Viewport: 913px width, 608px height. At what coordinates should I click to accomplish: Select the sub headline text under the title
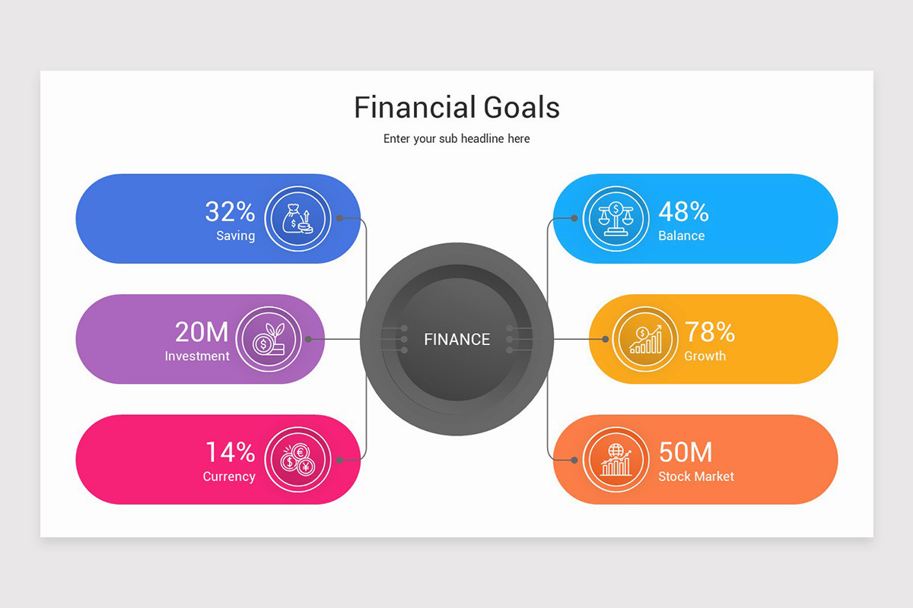coord(456,139)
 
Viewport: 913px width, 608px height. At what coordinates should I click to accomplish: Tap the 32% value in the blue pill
coord(230,211)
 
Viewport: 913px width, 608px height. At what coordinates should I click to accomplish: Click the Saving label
coord(235,236)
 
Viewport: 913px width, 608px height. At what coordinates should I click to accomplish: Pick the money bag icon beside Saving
coord(297,219)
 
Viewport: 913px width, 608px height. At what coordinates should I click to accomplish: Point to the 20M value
coord(202,331)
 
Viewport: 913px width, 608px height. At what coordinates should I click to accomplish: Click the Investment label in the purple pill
coord(197,356)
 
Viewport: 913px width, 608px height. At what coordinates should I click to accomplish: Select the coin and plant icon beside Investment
coord(268,339)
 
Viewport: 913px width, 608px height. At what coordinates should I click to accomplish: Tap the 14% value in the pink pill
coord(230,452)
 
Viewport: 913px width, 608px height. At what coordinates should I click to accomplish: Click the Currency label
coord(228,477)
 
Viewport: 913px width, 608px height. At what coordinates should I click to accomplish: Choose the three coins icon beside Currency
coord(297,459)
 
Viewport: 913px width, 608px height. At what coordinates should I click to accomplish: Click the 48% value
coord(683,211)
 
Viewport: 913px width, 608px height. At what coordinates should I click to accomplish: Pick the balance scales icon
coord(616,219)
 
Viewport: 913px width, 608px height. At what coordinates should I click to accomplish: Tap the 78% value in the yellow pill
coord(709,331)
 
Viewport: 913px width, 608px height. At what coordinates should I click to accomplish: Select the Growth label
coord(705,356)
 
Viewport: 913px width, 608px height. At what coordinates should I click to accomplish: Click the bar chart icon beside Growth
coord(645,339)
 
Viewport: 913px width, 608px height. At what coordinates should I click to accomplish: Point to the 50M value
coord(685,452)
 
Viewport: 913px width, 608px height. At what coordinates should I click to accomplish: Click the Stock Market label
coord(696,477)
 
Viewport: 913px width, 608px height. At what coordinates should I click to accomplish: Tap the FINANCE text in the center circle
coord(456,340)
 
